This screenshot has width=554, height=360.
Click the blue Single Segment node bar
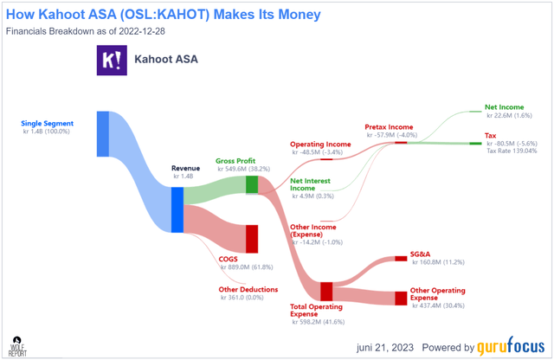[102, 133]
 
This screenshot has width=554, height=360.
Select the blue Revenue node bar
[177, 209]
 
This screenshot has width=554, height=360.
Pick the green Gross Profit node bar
[252, 184]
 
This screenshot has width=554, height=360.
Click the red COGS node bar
[252, 238]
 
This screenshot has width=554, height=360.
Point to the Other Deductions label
[248, 289]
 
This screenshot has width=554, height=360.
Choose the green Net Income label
[503, 108]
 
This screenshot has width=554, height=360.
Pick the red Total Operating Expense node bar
[326, 291]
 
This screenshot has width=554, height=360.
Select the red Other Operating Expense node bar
[401, 299]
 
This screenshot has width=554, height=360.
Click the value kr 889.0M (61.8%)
[248, 268]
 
